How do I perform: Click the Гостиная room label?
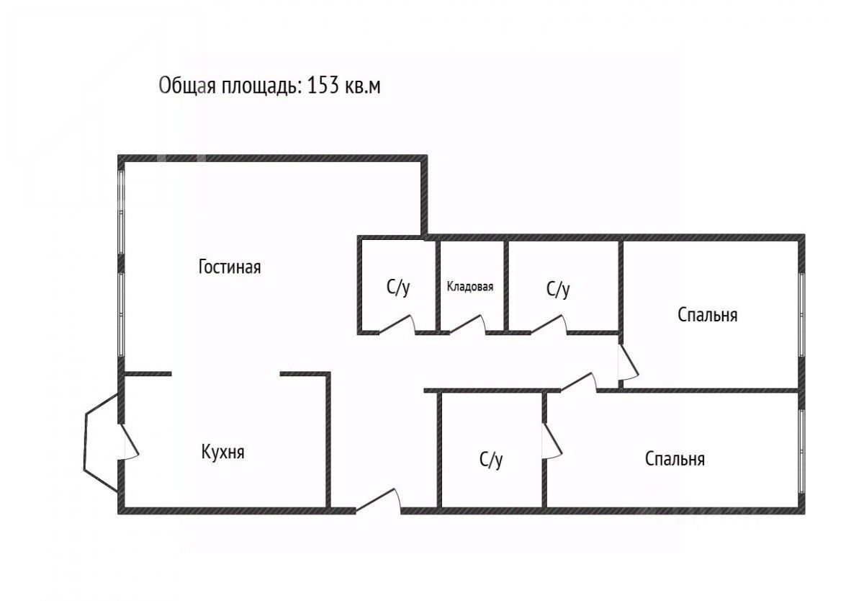pos(229,267)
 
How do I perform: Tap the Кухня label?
pos(222,453)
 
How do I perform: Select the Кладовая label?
pos(470,287)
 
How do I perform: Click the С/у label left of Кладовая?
pos(398,289)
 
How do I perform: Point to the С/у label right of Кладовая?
pos(558,290)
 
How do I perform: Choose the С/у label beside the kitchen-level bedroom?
pos(491,460)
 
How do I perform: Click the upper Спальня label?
pos(707,315)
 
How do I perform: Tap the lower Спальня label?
pos(675,459)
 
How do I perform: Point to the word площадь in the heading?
pos(261,87)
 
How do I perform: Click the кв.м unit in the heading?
pos(363,87)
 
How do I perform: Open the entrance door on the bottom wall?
pos(378,502)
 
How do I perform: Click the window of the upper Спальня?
pos(800,314)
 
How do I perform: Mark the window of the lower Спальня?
pos(801,452)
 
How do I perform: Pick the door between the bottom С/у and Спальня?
pos(552,440)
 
